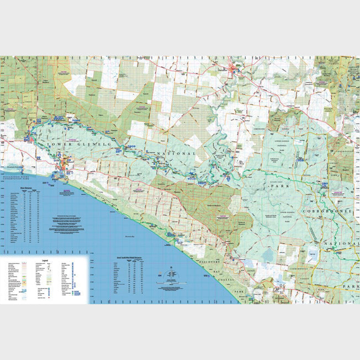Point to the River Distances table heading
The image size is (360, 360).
point(20,188)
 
